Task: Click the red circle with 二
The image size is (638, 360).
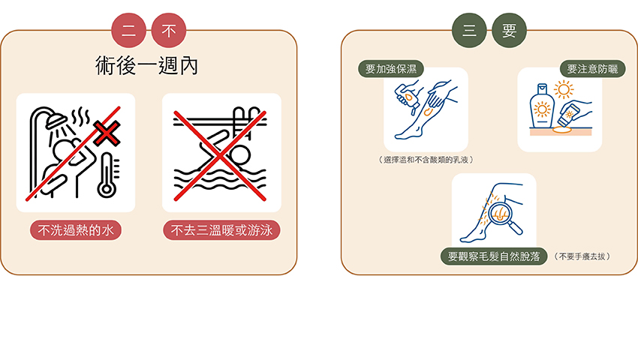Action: coord(128,31)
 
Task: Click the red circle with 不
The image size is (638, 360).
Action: coord(169,31)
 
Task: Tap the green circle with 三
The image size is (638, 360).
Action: coord(469,31)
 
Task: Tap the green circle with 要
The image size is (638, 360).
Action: coord(509,31)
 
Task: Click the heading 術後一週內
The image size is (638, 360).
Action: coord(147,65)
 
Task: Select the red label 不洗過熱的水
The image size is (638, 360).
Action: coord(76,230)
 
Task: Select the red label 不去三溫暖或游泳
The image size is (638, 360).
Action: coord(221,230)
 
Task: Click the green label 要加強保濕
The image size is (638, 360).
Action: coord(391,69)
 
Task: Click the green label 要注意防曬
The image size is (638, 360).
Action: coord(592,69)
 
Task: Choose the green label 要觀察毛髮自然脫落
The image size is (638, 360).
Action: coord(494,256)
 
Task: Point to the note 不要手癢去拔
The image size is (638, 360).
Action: coord(582,256)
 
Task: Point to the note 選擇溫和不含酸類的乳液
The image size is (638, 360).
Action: coord(426,160)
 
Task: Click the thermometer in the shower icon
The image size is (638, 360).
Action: coord(108,175)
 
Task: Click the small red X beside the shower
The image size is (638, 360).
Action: coord(107,133)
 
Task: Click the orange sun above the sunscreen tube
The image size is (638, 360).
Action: coord(564,89)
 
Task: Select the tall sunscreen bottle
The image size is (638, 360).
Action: coord(542,106)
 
